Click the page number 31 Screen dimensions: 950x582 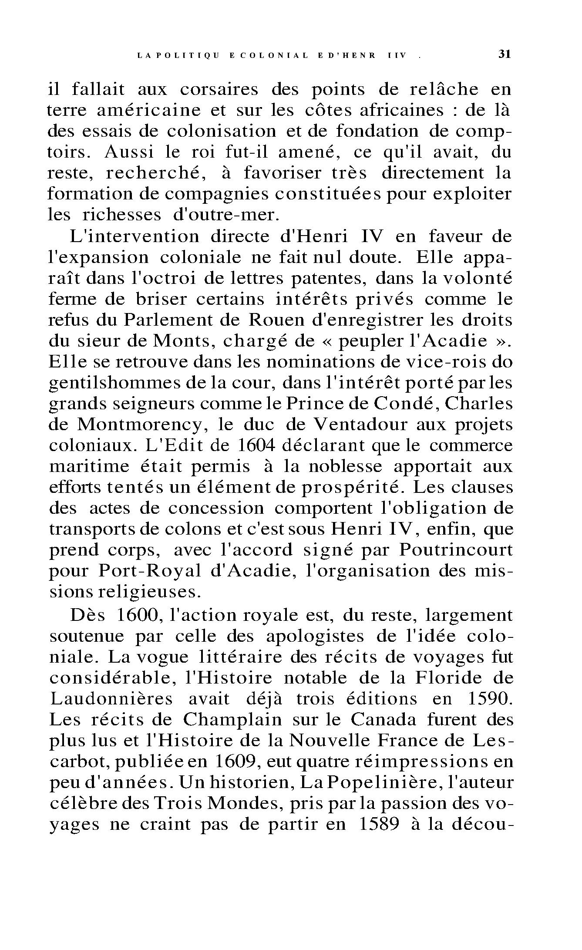(504, 55)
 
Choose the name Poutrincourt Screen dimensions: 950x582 (456, 550)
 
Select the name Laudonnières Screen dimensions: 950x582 (111, 699)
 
